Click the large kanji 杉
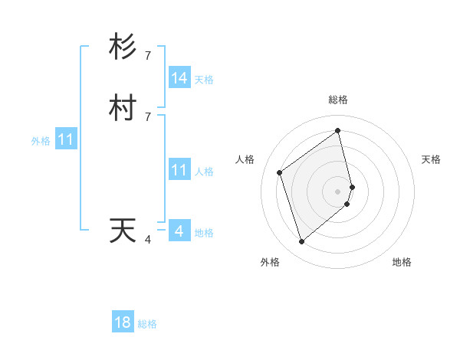pyautogui.click(x=123, y=47)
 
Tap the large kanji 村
pyautogui.click(x=123, y=109)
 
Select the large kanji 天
pyautogui.click(x=123, y=231)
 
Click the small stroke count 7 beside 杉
pyautogui.click(x=148, y=55)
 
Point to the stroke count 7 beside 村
pyautogui.click(x=148, y=116)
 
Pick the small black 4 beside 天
pyautogui.click(x=148, y=240)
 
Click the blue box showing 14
pyautogui.click(x=179, y=78)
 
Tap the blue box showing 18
pyautogui.click(x=123, y=322)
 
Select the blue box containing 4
pyautogui.click(x=179, y=231)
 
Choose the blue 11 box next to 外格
pyautogui.click(x=66, y=140)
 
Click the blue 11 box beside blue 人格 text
pyautogui.click(x=179, y=170)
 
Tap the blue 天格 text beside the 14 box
pyautogui.click(x=204, y=79)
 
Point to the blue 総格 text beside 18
pyautogui.click(x=147, y=324)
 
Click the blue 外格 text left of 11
pyautogui.click(x=41, y=141)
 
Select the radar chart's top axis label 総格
pyautogui.click(x=338, y=100)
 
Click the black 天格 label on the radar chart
pyautogui.click(x=431, y=159)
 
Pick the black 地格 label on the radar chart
pyautogui.click(x=402, y=262)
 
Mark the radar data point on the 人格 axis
pyautogui.click(x=280, y=172)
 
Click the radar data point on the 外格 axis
pyautogui.click(x=301, y=242)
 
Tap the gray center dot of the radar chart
pyautogui.click(x=338, y=191)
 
